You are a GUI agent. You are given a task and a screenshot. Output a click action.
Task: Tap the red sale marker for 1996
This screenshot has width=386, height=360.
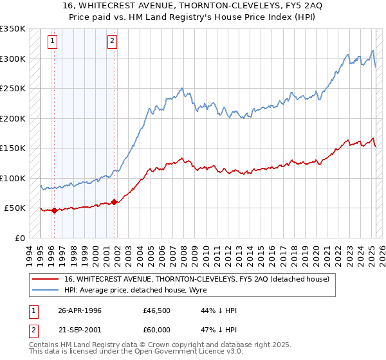tap(54, 210)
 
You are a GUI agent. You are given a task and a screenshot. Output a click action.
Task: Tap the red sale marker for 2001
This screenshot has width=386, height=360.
tap(114, 202)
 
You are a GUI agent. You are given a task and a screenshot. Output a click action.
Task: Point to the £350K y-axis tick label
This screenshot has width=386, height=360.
tap(13, 29)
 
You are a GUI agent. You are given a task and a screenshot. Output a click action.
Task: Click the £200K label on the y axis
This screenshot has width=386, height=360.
tap(13, 118)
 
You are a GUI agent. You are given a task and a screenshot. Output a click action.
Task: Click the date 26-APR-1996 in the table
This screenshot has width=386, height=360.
tap(80, 310)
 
